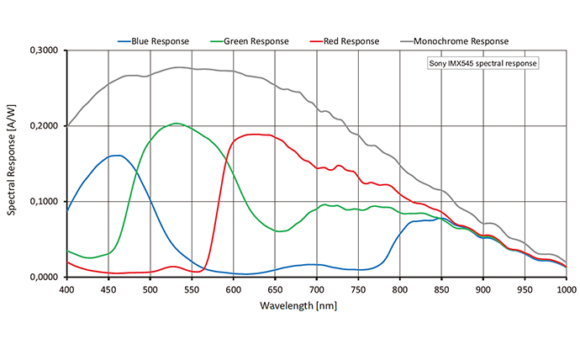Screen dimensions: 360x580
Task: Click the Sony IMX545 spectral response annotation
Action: coord(482,64)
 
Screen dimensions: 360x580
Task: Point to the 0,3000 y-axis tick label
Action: coord(45,50)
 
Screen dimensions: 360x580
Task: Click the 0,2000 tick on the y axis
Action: coord(45,126)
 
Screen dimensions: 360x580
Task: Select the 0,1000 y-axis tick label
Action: coord(45,202)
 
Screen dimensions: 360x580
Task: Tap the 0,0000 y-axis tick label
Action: coord(45,278)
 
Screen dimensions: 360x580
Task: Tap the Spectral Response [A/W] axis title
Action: coord(13,164)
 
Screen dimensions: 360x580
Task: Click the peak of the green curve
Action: coord(176,124)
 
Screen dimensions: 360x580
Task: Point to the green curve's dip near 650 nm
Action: coord(280,231)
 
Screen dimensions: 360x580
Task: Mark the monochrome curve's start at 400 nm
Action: coord(67,126)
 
